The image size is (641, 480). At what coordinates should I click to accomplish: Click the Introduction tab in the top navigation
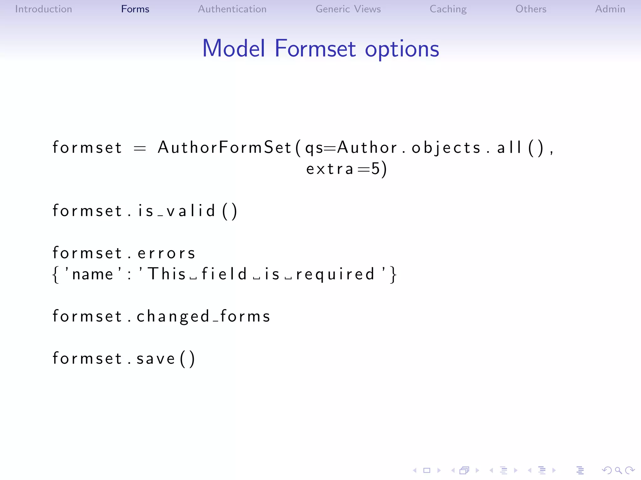(44, 9)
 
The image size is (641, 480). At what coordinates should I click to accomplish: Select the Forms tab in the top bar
(135, 9)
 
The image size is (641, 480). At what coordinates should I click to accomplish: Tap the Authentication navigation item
(232, 9)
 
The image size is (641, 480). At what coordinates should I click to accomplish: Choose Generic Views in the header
(348, 9)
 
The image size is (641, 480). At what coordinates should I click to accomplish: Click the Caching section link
(448, 9)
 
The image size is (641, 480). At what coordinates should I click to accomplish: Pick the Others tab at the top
(531, 9)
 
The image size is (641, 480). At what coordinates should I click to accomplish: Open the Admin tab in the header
(610, 9)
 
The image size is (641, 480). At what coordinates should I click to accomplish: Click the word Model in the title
(233, 48)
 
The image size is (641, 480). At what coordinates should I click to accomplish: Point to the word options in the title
(402, 49)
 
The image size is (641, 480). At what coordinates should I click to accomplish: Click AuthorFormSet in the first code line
(225, 147)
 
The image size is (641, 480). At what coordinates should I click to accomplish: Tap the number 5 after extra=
(375, 169)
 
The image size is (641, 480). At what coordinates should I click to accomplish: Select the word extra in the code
(330, 169)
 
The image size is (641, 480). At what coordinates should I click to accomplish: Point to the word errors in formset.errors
(167, 253)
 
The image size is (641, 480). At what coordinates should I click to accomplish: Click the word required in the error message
(335, 274)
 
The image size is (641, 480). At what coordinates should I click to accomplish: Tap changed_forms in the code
(203, 316)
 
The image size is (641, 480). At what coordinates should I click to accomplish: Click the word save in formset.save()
(156, 358)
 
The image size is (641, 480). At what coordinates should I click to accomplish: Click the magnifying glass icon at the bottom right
(618, 470)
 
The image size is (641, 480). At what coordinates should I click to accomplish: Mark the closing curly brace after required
(393, 274)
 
